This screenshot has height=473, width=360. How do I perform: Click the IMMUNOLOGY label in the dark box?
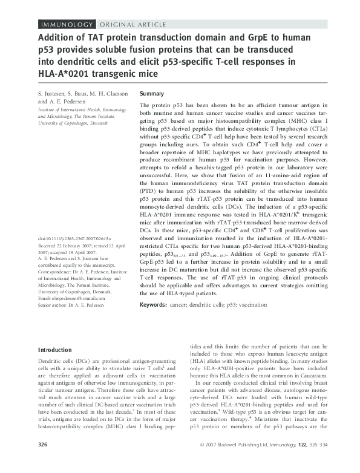[67, 24]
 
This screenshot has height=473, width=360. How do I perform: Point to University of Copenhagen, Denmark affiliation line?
[72, 123]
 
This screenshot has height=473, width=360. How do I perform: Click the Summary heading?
[152, 95]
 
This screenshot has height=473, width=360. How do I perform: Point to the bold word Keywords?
[156, 322]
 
